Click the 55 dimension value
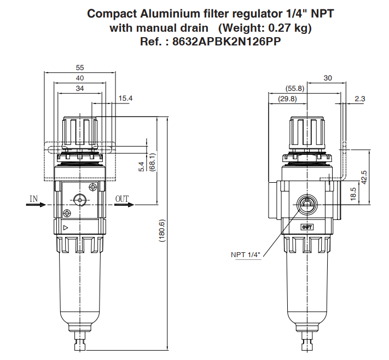coord(80,68)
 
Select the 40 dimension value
coord(80,78)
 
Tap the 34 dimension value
coord(80,88)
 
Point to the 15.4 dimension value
coord(126,98)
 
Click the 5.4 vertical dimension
coord(141,167)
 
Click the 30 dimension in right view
coord(328,78)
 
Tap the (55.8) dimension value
coord(295,88)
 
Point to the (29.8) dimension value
coord(287,98)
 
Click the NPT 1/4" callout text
coord(246,254)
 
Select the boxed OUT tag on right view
coord(307,227)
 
